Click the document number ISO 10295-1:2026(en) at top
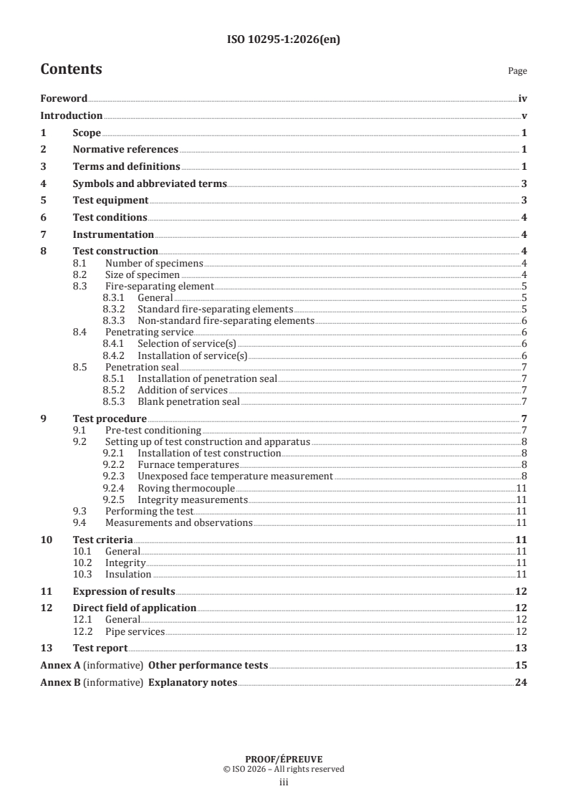click(x=283, y=40)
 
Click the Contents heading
click(x=71, y=70)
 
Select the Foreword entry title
click(x=64, y=99)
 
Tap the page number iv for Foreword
click(x=523, y=99)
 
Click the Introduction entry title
click(x=71, y=115)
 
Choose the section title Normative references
click(x=125, y=150)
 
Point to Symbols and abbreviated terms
click(x=150, y=184)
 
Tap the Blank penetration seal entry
click(x=188, y=401)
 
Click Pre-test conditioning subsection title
click(x=153, y=430)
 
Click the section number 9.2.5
click(x=115, y=499)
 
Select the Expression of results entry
click(x=124, y=591)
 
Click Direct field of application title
click(x=135, y=608)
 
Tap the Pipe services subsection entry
click(x=135, y=631)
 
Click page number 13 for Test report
click(x=521, y=648)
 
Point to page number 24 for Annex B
click(x=521, y=682)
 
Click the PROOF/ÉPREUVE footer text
click(x=283, y=760)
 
